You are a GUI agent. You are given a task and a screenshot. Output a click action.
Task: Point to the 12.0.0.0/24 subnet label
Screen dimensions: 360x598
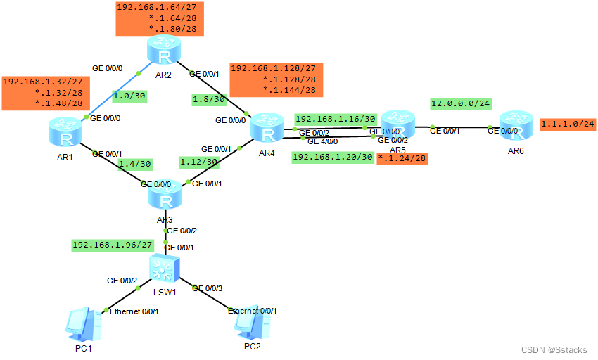pos(461,103)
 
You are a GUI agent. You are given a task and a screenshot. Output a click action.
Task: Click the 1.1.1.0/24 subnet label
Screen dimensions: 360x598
pos(568,124)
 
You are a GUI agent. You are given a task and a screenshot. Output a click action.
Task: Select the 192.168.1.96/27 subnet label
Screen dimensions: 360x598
pos(113,245)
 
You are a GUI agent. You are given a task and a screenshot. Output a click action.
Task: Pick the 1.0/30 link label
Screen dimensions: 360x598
pos(128,95)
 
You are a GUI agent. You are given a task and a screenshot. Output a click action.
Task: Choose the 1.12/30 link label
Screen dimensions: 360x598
pos(199,161)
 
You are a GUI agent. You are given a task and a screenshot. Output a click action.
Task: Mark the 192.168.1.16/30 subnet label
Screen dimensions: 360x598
pos(336,119)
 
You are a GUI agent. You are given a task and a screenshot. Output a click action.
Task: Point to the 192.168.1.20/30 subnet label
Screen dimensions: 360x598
pos(332,157)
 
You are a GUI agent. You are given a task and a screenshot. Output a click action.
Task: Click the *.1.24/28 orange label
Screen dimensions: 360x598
pos(402,158)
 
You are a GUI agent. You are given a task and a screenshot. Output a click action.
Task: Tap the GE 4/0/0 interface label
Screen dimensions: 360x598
pos(322,141)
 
